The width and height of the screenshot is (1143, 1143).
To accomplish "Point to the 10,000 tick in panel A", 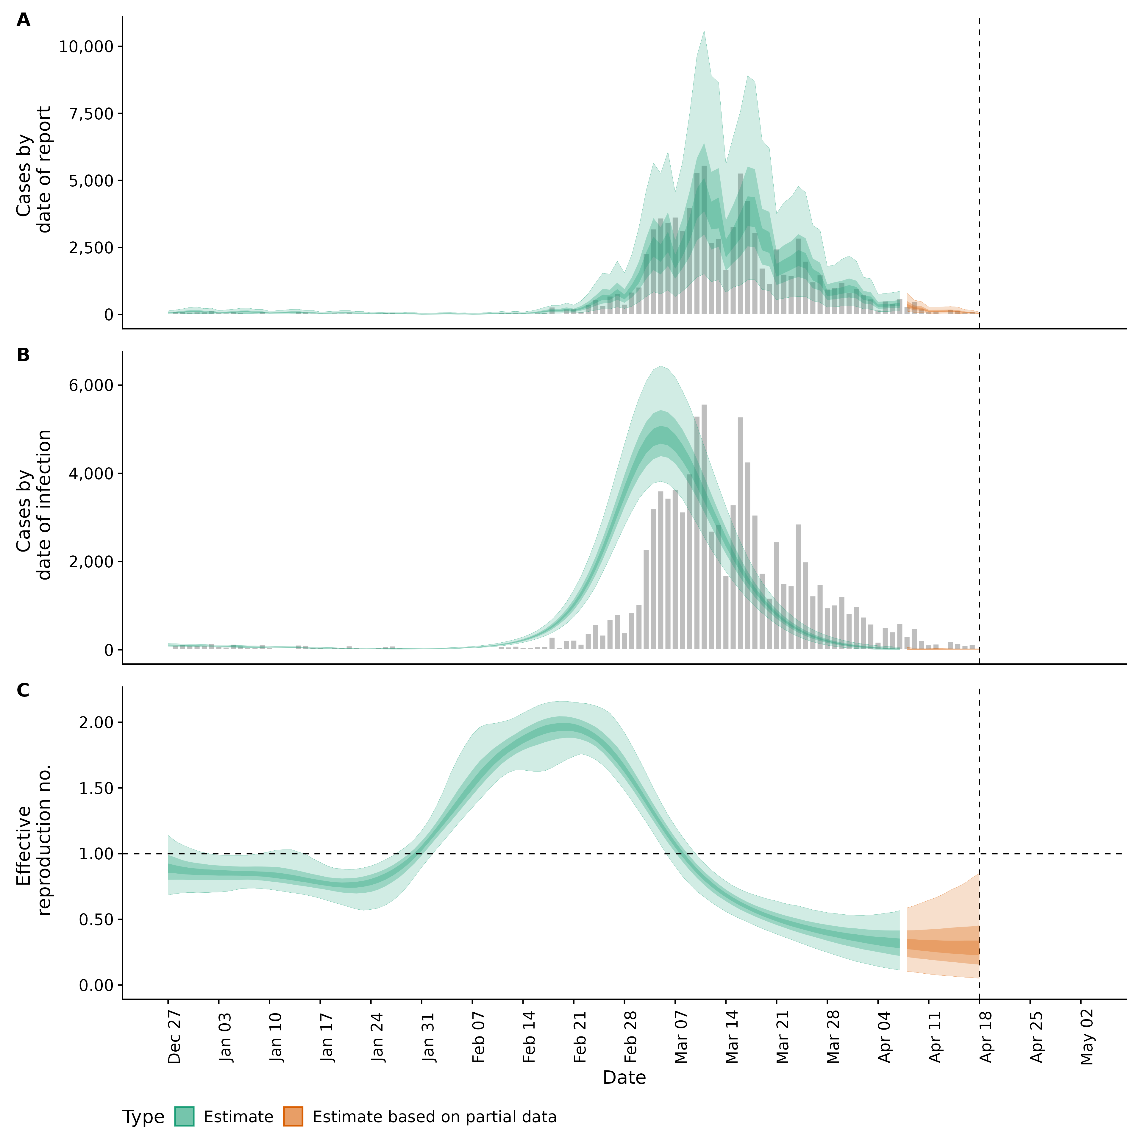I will (86, 47).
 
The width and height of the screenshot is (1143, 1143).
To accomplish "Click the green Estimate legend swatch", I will (184, 1117).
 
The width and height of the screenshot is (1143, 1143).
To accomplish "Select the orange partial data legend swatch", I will (293, 1117).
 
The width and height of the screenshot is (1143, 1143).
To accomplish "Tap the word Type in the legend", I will (143, 1117).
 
